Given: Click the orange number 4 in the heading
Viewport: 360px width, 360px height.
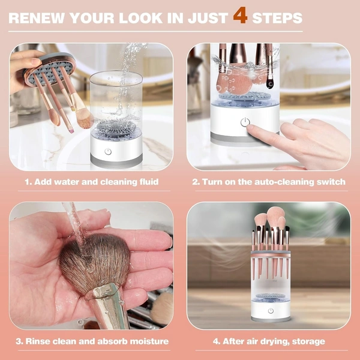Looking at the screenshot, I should tap(240, 16).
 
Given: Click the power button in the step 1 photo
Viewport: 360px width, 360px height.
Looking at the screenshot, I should tap(108, 152).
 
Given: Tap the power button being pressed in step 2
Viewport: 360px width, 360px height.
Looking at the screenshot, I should tap(244, 122).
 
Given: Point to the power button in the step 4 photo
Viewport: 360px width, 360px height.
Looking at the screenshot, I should tap(271, 311).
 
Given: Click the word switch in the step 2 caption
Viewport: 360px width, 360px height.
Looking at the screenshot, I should tap(331, 181).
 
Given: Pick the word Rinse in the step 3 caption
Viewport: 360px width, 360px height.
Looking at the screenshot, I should tap(42, 341).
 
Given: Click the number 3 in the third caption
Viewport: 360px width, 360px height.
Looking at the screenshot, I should tap(20, 341).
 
